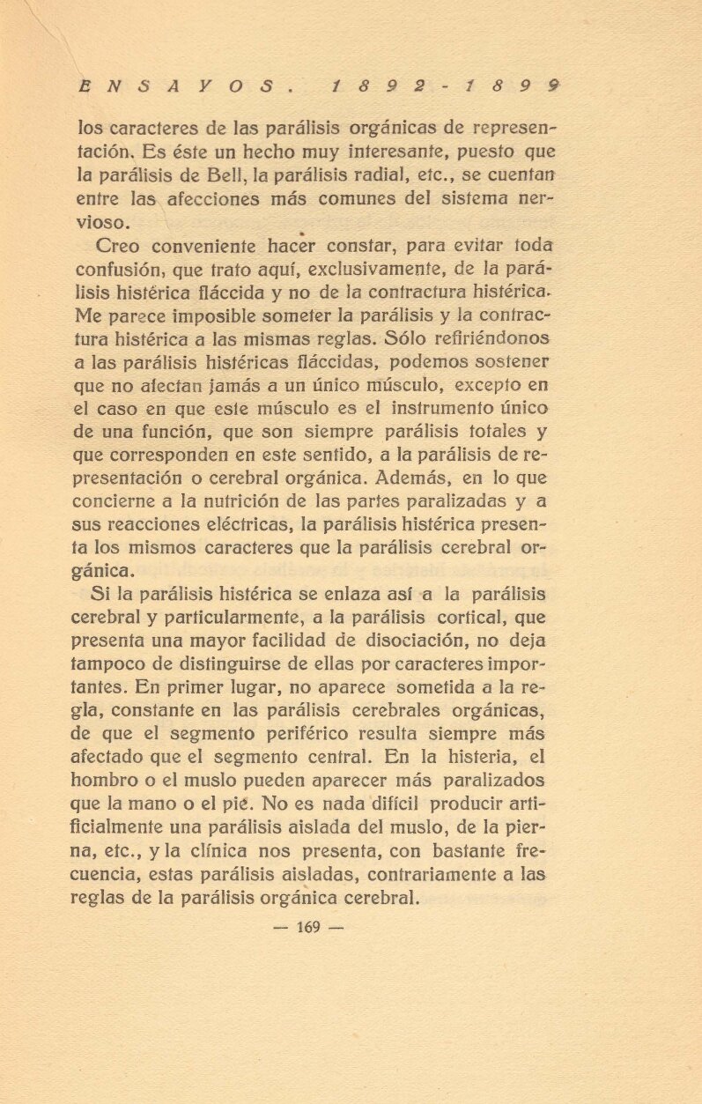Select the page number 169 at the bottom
307,927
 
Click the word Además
416,478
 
